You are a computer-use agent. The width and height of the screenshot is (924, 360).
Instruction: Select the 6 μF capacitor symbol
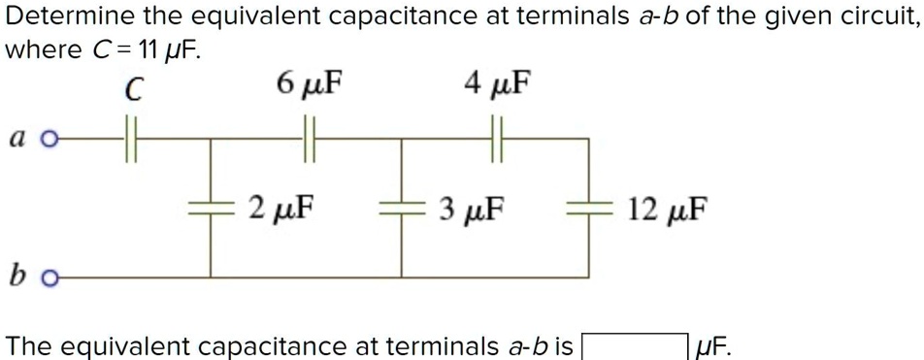(x=311, y=140)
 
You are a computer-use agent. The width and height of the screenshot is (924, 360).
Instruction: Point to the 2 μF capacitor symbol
(x=214, y=207)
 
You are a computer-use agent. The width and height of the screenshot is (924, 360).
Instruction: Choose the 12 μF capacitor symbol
(x=589, y=207)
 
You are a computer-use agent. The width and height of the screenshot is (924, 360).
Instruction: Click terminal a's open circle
(x=51, y=140)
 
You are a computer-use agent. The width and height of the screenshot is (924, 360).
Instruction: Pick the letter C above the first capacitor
(x=134, y=88)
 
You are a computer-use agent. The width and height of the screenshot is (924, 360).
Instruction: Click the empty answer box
(x=636, y=344)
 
